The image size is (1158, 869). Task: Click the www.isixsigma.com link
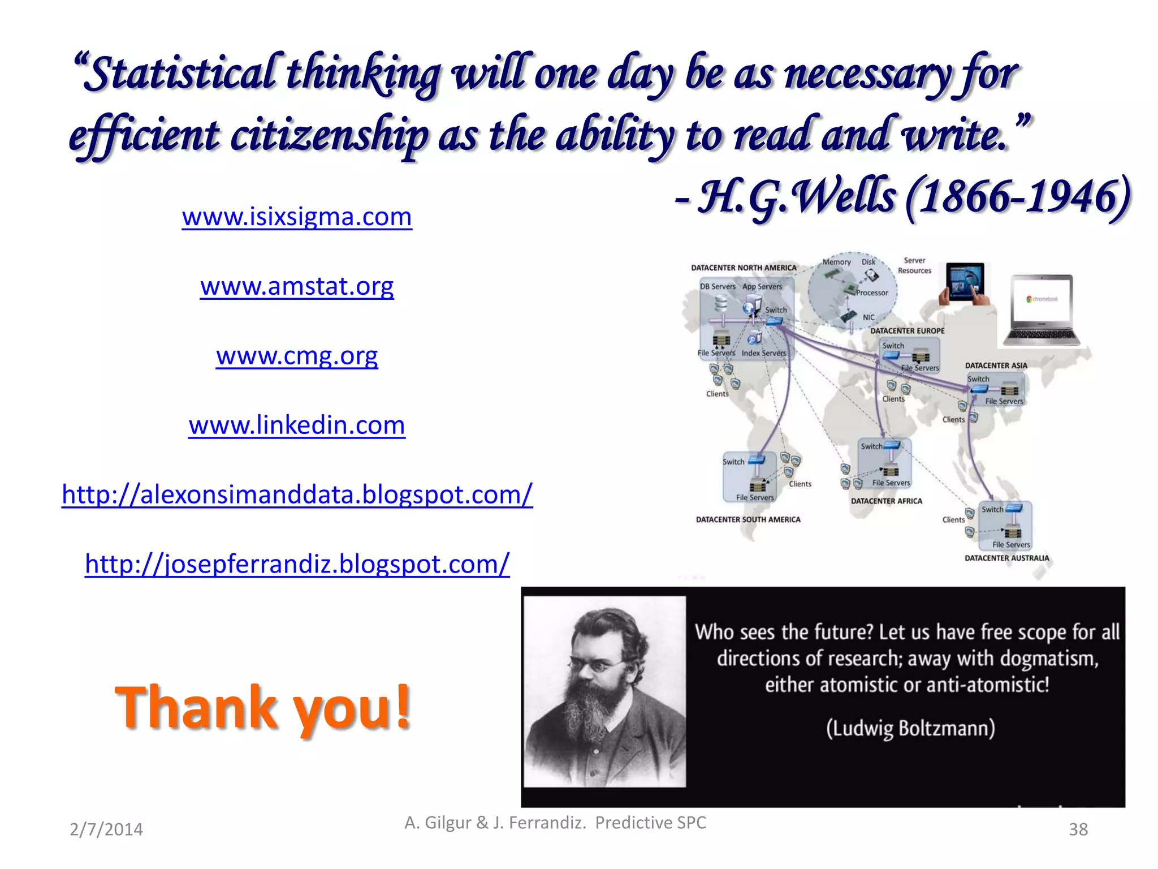click(x=297, y=217)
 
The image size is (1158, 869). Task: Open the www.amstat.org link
click(x=297, y=287)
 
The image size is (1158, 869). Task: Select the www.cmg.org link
click(x=297, y=356)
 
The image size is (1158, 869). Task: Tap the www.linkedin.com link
click(x=297, y=425)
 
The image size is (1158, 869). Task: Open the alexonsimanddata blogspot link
click(x=297, y=495)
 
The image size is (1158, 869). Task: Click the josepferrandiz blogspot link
click(x=297, y=565)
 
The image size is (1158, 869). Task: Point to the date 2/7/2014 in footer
click(x=106, y=829)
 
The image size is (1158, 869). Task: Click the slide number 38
click(x=1078, y=829)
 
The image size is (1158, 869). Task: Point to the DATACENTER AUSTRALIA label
click(x=1006, y=558)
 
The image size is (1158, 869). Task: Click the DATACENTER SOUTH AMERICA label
click(x=748, y=520)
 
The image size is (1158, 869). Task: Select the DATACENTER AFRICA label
click(x=886, y=501)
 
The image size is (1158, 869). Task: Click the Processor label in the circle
click(x=872, y=293)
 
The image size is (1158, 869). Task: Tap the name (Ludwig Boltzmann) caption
click(x=910, y=729)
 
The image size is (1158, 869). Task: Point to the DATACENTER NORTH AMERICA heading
click(x=744, y=268)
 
